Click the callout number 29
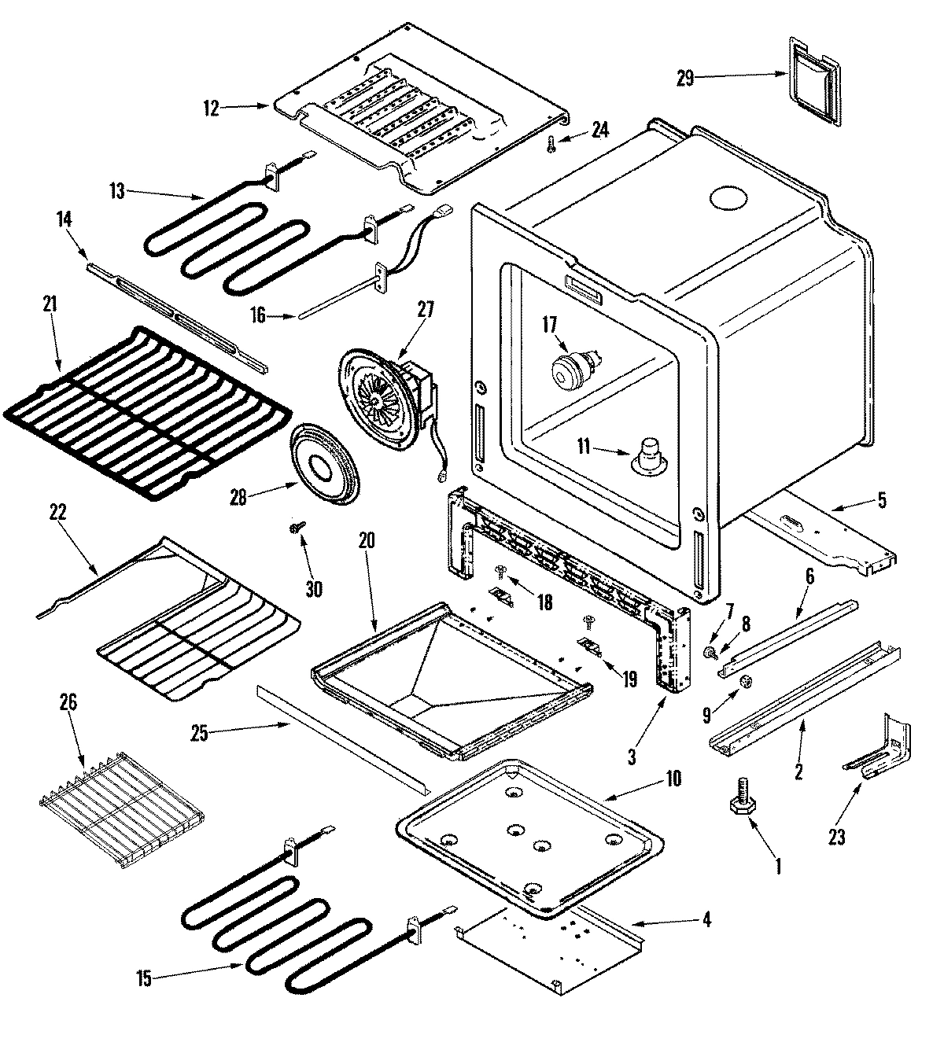(685, 77)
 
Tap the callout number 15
(144, 979)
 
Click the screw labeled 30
(297, 528)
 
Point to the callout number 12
(211, 109)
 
